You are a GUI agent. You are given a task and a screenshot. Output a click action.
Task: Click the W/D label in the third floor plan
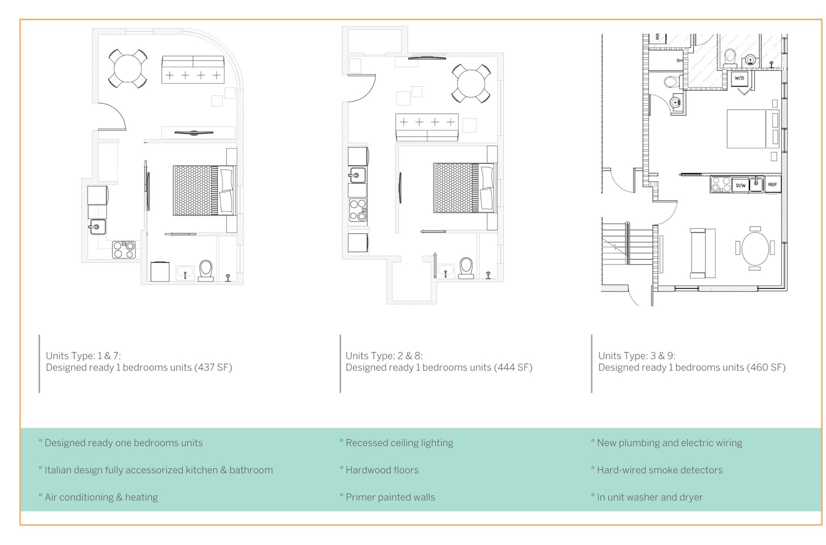point(739,78)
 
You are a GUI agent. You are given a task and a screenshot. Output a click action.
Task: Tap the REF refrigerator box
point(772,184)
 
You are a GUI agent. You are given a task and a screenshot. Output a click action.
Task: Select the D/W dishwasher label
point(740,185)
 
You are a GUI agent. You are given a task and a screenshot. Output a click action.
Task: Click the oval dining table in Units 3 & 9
point(755,248)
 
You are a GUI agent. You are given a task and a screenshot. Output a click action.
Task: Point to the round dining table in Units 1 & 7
point(128,69)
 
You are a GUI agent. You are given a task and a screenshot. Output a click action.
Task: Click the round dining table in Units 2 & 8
point(471,83)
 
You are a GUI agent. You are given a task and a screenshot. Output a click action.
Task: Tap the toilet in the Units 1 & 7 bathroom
point(206,271)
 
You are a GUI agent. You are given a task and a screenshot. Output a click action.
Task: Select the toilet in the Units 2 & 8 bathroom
point(466,268)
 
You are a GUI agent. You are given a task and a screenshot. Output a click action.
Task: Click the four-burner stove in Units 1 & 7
point(124,250)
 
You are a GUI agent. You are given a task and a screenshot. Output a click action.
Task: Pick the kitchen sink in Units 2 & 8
point(357,175)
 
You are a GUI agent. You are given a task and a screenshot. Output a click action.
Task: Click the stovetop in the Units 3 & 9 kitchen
point(721,184)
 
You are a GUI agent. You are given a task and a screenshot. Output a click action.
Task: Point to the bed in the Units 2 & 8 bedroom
point(465,188)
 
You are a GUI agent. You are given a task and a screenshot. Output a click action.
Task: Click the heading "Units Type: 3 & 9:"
point(637,356)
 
